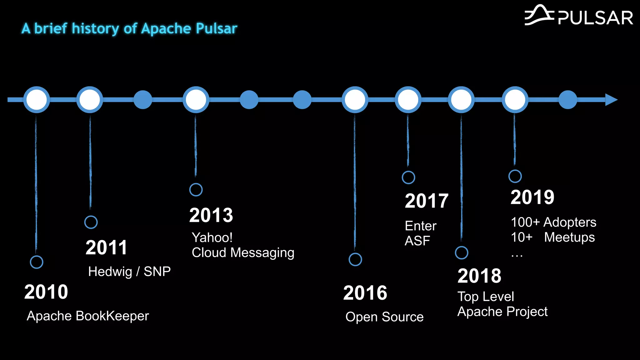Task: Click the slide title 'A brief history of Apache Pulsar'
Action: tap(129, 28)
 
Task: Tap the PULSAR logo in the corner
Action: tap(579, 16)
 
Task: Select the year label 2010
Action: tap(46, 292)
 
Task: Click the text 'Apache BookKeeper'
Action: tap(88, 316)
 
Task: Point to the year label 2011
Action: tap(106, 247)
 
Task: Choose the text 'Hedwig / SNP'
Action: tap(129, 272)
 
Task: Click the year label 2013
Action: tap(211, 215)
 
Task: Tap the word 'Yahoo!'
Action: tap(212, 237)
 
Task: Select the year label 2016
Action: tap(365, 293)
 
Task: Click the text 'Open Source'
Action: tap(384, 317)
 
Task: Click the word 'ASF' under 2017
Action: tap(417, 241)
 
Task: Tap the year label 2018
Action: tap(479, 276)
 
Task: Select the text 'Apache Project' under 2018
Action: tap(502, 312)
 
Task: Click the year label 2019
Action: tap(532, 197)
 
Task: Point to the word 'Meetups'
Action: tap(569, 237)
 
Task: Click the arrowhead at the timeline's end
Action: tap(611, 100)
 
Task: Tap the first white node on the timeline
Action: tap(37, 100)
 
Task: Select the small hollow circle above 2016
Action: tap(355, 259)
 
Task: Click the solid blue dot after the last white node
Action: tap(568, 100)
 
